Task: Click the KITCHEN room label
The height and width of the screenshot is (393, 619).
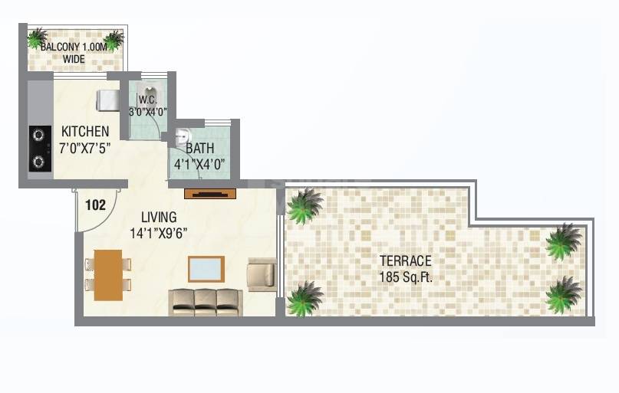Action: (x=85, y=131)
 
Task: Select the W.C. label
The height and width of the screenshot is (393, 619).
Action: (x=148, y=99)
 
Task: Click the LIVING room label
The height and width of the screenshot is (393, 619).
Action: (x=159, y=217)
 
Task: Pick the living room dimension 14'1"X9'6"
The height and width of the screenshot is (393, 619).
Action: (x=159, y=233)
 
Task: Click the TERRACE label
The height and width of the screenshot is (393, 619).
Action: (x=406, y=260)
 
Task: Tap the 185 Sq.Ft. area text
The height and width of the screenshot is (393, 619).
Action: (x=406, y=277)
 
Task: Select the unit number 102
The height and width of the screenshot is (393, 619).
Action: (x=95, y=205)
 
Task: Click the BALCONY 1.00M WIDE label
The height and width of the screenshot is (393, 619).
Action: (x=74, y=51)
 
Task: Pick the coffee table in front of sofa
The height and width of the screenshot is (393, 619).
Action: (x=206, y=270)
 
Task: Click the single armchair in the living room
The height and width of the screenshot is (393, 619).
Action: (x=261, y=273)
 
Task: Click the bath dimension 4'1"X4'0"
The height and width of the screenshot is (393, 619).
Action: (x=202, y=164)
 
